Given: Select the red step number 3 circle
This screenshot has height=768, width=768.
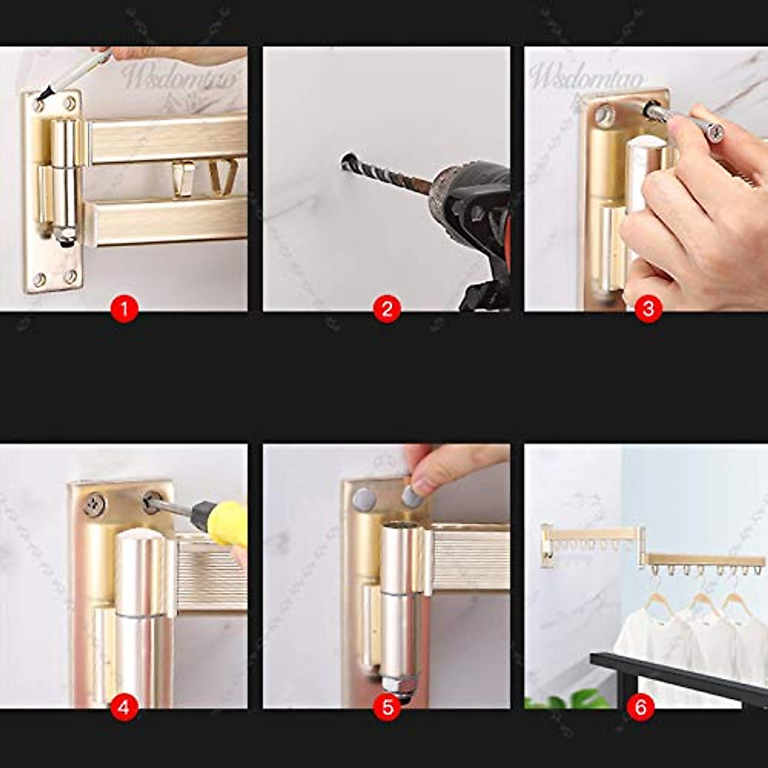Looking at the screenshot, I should tap(648, 309).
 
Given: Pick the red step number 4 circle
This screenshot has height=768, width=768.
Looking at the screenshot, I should tap(124, 707).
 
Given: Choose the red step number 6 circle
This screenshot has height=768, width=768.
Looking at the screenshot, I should tap(641, 707).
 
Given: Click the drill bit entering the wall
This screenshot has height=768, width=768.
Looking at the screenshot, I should tap(384, 175).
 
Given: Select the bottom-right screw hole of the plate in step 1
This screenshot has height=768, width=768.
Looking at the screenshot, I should tap(70, 276).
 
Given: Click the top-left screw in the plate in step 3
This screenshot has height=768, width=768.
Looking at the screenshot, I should tap(604, 115).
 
